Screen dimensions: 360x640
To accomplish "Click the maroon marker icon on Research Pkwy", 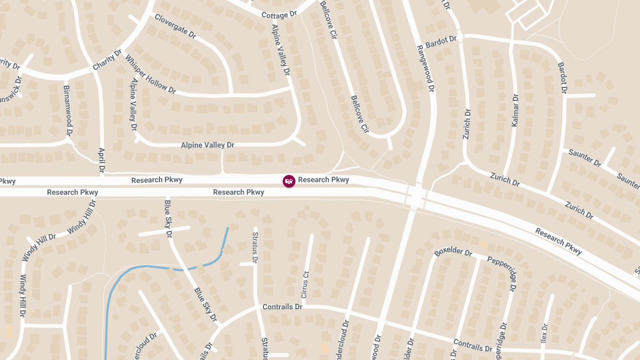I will point(289,181).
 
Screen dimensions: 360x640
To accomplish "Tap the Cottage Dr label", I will point(278,15).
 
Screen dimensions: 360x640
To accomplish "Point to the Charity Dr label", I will point(107,60).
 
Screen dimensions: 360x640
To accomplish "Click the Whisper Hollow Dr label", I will point(150,74).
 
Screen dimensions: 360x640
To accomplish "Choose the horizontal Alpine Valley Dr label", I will point(207,145).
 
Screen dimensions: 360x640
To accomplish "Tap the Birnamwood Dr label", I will point(67,110).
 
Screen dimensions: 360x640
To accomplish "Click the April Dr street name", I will point(101,161).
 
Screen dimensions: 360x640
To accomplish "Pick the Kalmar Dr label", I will point(515,110).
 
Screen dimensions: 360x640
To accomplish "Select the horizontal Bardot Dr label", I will point(441,41).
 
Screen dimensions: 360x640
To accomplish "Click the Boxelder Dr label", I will point(453,252).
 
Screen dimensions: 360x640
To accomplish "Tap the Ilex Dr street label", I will point(545,334).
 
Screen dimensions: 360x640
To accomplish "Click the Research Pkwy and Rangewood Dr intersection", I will point(416,196).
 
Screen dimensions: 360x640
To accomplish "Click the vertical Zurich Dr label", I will point(467,124).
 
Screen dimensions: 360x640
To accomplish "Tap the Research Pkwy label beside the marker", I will point(323,180).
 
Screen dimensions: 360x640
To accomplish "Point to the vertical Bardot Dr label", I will point(562,78).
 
